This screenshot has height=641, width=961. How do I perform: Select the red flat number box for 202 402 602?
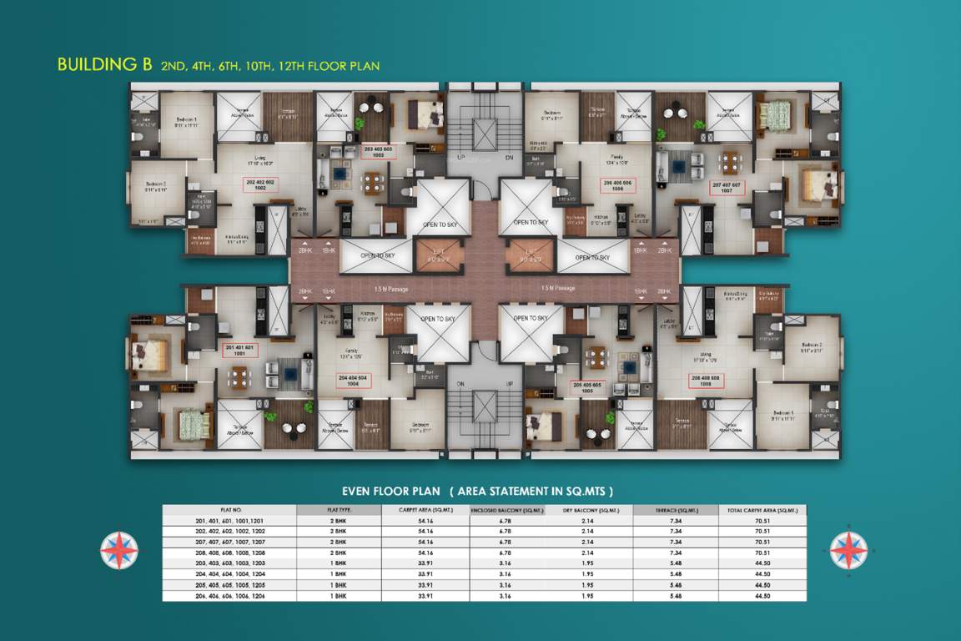point(259,185)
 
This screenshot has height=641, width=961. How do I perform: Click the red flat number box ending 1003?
point(378,151)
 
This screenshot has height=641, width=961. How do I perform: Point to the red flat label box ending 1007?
point(727,186)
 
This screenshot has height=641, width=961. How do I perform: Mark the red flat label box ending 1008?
point(706,381)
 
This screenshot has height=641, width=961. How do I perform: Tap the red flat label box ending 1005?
point(588,386)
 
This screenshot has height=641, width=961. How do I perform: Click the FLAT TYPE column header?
point(339,509)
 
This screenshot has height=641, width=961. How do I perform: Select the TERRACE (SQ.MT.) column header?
point(676,509)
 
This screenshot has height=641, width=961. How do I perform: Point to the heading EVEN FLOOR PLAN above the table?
point(389,491)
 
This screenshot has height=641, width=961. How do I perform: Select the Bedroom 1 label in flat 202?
point(186,120)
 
